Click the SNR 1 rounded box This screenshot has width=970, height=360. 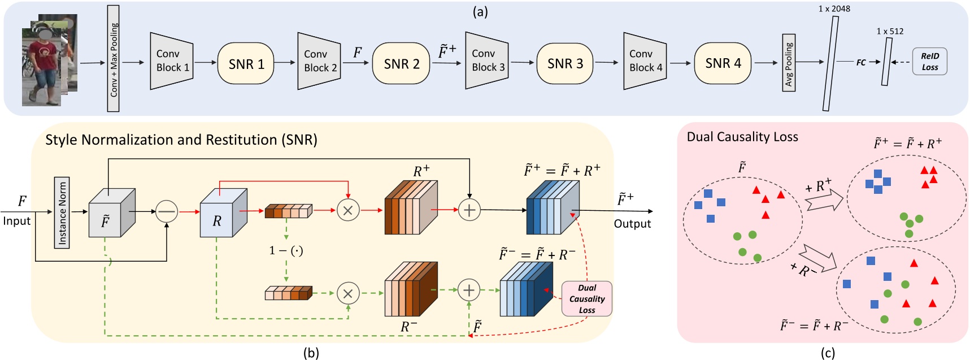246,63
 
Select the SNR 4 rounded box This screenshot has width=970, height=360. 723,63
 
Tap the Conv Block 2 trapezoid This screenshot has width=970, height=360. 319,61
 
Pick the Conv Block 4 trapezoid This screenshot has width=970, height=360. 645,61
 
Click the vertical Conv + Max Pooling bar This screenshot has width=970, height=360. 114,59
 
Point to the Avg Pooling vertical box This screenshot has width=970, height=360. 789,62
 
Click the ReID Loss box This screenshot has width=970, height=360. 929,62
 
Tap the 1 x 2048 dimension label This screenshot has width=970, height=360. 834,8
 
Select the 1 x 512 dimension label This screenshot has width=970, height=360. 890,31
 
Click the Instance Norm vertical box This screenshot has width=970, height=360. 62,212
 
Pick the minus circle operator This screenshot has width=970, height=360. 167,211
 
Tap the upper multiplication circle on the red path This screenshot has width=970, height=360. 348,210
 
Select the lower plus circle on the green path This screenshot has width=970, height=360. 468,290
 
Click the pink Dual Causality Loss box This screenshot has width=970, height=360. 586,298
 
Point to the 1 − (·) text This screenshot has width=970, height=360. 286,250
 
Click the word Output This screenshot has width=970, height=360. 632,224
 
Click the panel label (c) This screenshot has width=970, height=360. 828,353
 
